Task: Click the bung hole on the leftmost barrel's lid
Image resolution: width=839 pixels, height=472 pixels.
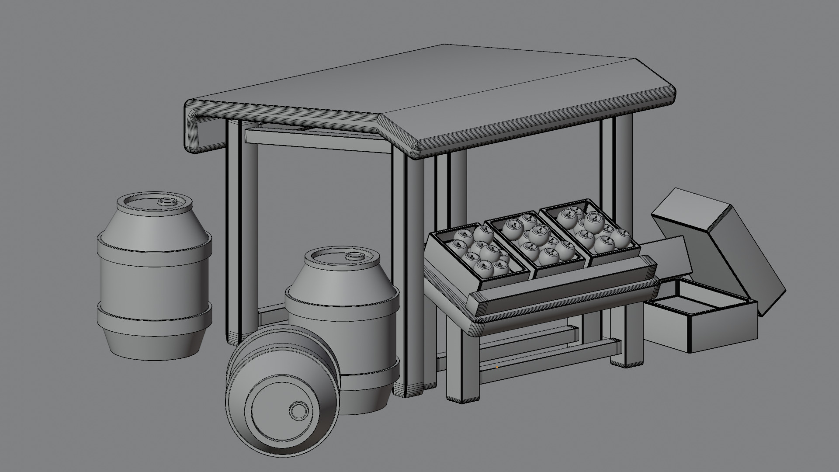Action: tap(166, 201)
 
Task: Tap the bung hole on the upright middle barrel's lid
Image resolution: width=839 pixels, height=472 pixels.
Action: tap(353, 256)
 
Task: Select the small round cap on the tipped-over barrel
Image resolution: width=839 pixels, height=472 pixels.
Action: tap(298, 411)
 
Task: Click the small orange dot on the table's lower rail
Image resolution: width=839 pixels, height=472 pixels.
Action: tap(497, 367)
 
